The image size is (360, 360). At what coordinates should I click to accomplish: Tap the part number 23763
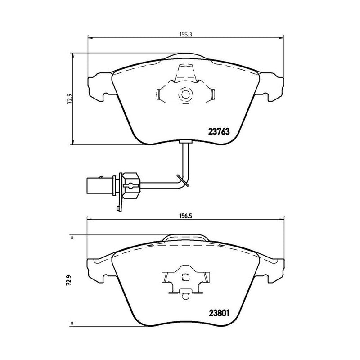(x=219, y=132)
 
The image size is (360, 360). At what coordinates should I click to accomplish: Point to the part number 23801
(x=220, y=314)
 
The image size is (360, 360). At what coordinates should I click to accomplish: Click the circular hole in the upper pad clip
(x=185, y=94)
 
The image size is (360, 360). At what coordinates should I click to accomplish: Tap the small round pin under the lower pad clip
(x=185, y=296)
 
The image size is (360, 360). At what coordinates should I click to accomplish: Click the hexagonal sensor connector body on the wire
(x=130, y=184)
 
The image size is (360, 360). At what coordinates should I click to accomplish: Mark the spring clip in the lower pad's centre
(x=185, y=282)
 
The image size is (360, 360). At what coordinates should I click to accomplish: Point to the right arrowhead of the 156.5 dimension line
(x=283, y=220)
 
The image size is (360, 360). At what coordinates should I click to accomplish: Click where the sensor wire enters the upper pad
(x=185, y=143)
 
